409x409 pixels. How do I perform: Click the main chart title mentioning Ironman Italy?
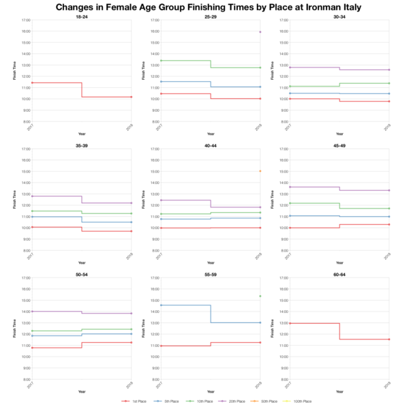[x=204, y=7]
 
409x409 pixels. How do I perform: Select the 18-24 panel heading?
[x=82, y=16]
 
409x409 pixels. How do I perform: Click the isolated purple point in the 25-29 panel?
[x=260, y=32]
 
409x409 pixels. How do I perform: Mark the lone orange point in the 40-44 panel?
[x=260, y=171]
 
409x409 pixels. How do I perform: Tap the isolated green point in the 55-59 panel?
[x=260, y=296]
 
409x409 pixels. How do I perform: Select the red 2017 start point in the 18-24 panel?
[x=31, y=82]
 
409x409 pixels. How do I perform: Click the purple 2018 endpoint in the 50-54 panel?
[x=132, y=314]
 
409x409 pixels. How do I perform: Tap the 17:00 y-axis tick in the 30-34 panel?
[x=283, y=20]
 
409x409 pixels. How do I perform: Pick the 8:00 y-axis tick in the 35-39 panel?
[x=26, y=250]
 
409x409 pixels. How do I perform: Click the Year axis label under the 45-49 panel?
[x=339, y=262]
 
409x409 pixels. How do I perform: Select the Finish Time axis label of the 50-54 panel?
[x=14, y=328]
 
